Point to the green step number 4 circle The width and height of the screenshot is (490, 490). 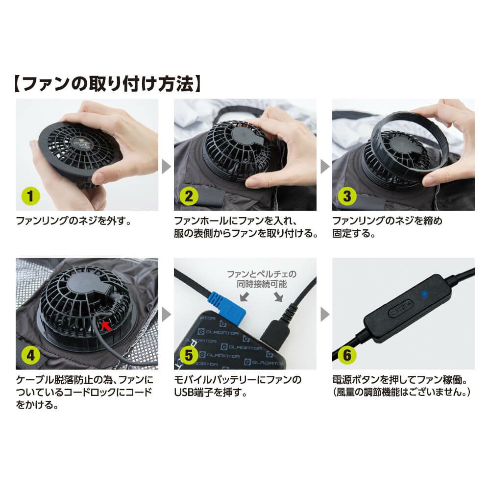(x=31, y=355)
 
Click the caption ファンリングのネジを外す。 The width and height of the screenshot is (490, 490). (x=73, y=221)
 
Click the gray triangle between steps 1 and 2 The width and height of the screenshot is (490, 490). (x=166, y=166)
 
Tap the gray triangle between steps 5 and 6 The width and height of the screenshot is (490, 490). (x=324, y=314)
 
